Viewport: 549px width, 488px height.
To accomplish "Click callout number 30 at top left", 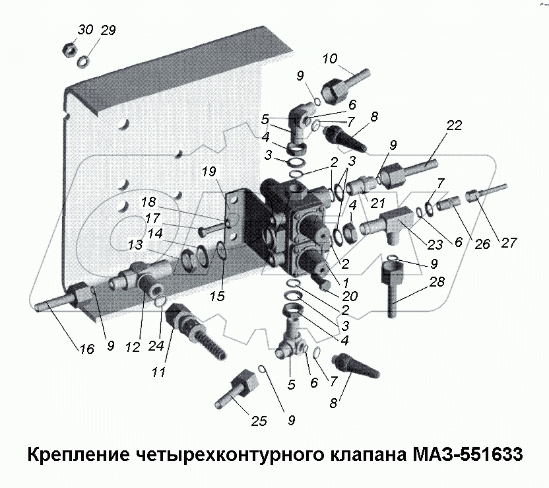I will point(85,30).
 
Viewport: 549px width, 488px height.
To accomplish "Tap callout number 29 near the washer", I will point(107,30).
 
